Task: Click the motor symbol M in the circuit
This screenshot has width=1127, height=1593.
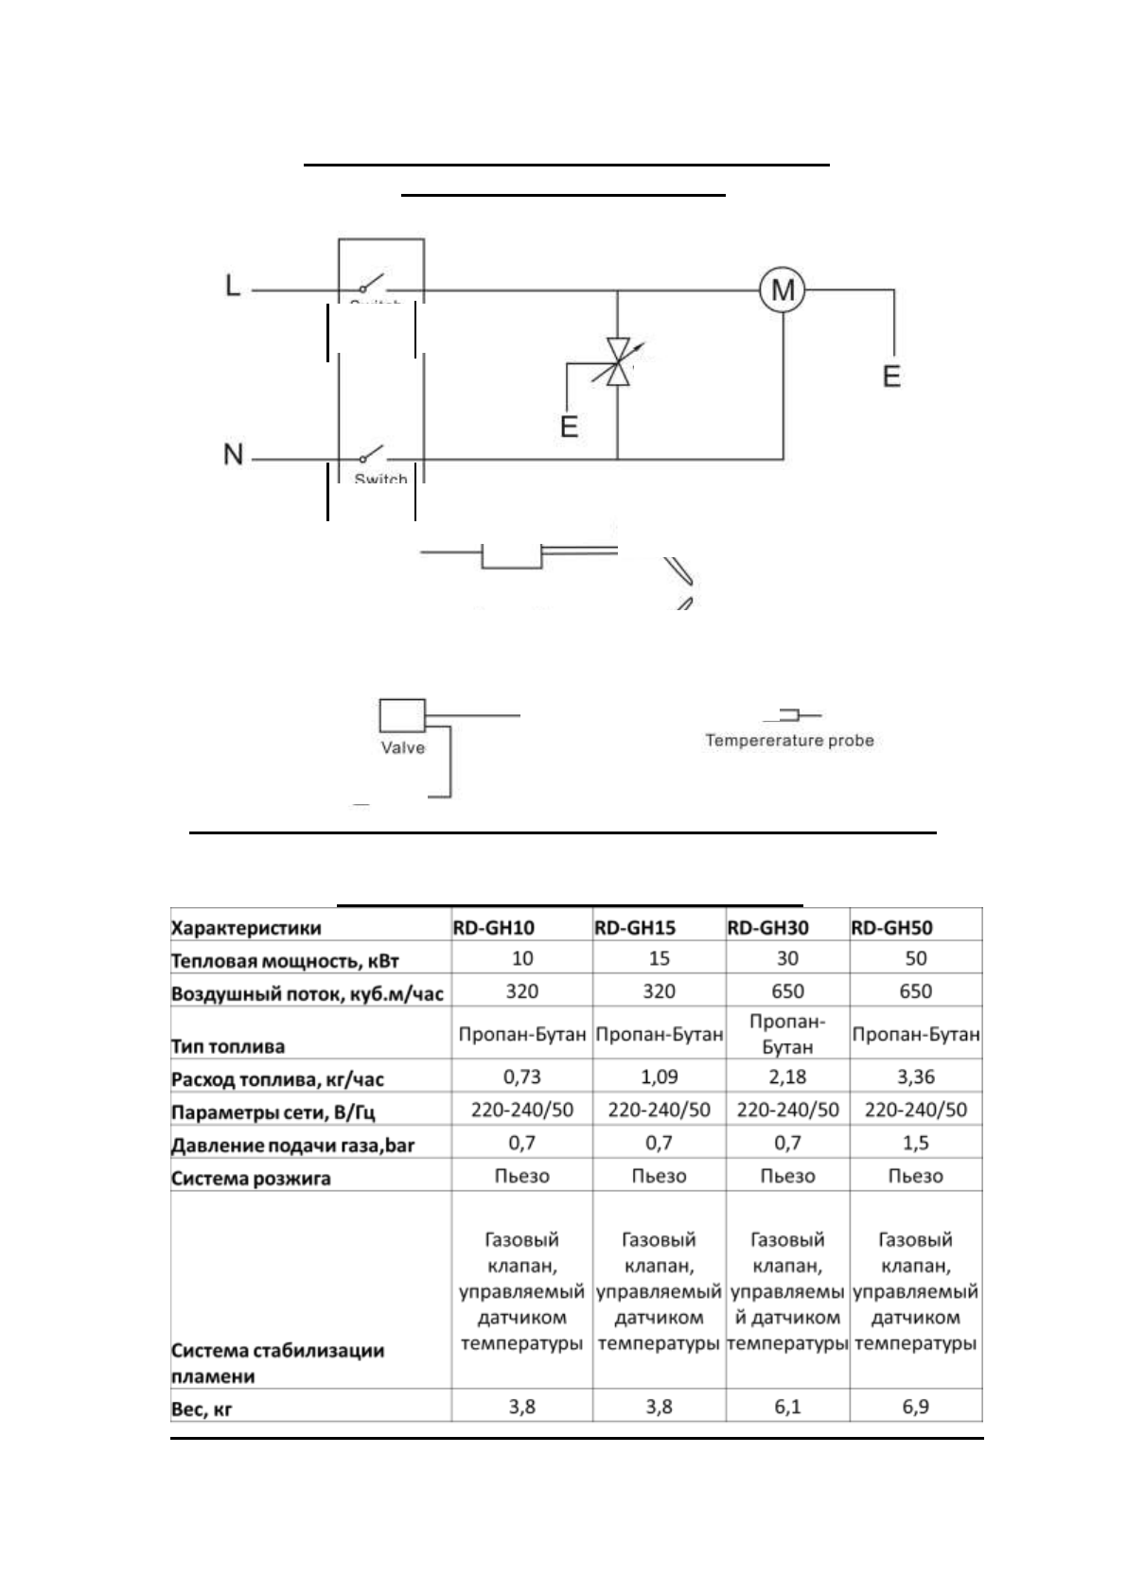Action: (783, 289)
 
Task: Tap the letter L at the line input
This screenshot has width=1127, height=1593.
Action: (233, 286)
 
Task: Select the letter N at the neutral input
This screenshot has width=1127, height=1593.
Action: (234, 455)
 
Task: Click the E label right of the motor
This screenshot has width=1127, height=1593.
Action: (890, 376)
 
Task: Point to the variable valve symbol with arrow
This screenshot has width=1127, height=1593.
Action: (618, 362)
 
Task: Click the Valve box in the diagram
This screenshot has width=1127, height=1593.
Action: (402, 716)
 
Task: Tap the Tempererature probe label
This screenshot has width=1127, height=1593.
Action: (789, 741)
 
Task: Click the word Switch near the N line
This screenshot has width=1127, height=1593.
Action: (380, 479)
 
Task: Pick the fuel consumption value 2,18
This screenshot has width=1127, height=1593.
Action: (787, 1077)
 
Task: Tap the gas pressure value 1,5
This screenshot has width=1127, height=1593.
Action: (915, 1143)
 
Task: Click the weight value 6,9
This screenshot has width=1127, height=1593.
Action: (915, 1407)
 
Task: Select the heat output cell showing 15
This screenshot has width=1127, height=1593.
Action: (659, 958)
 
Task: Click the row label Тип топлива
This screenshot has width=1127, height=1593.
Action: (228, 1046)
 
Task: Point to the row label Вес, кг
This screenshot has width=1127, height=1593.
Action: (202, 1409)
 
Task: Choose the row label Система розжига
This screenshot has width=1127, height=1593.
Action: (251, 1179)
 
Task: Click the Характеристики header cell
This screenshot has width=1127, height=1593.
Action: (246, 928)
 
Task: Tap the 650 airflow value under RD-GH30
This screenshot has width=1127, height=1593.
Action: (787, 991)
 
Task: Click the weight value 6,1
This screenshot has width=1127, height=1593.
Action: (787, 1407)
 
